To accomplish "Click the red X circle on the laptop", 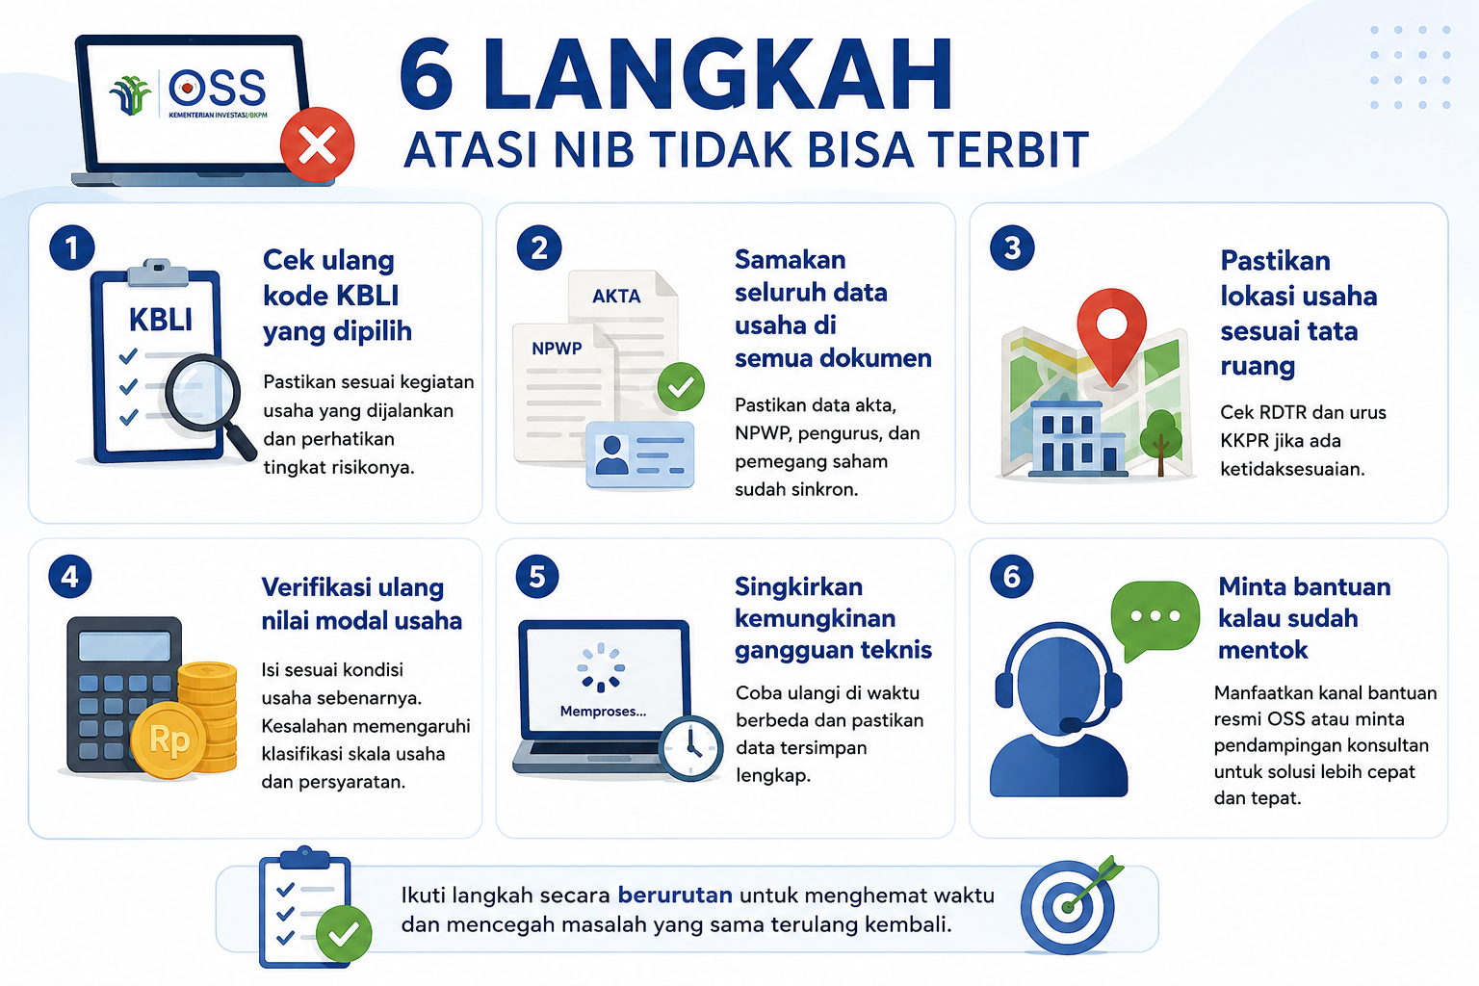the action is pos(317,144).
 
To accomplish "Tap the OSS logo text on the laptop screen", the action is pos(218,88).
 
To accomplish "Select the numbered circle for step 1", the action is pos(72,247).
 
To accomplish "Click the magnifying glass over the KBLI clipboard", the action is pos(209,404).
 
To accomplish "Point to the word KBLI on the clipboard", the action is pos(161,320).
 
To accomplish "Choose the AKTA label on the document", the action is pos(616,296).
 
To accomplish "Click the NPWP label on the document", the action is pos(557,348).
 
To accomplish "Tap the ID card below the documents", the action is pos(639,455).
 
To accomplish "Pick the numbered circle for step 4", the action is pos(70,577).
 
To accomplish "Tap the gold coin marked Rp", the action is pos(169,740).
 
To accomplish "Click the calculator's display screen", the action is pos(125,646).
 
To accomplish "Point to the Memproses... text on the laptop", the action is pos(603,712).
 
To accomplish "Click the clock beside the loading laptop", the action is pos(690,748).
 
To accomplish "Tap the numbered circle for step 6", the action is pos(1012,577).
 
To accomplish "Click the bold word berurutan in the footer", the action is pos(675,895).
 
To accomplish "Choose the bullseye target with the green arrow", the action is pos(1068,905).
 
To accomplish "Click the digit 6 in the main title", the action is pos(427,74).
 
